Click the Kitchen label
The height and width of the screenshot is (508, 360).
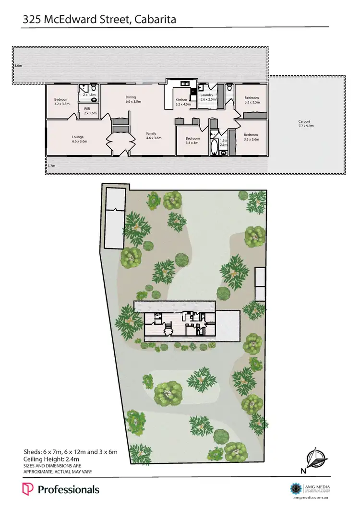coord(180,99)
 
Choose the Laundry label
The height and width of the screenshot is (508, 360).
coord(206,95)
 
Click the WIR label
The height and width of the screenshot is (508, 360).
coord(87,109)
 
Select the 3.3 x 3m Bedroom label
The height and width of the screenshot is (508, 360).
coord(192,138)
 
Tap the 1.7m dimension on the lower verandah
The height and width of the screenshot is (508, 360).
coord(51,166)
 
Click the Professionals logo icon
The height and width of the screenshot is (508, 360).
coord(28,489)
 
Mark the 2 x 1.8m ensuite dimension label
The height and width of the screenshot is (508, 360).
coord(89,95)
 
